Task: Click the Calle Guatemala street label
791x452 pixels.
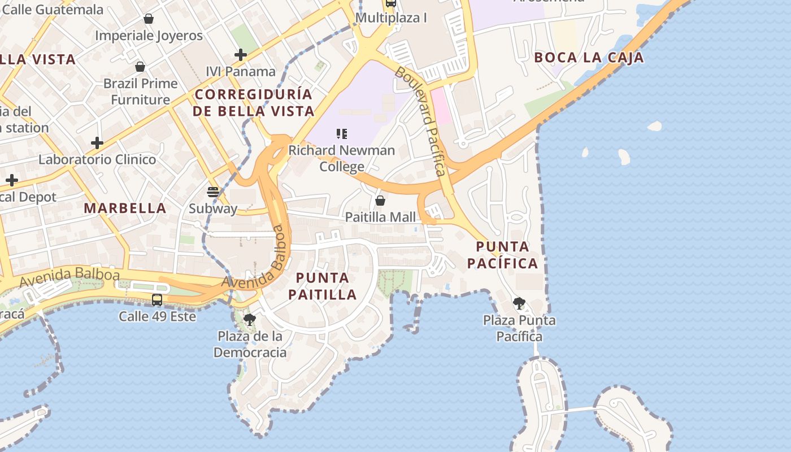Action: (53, 10)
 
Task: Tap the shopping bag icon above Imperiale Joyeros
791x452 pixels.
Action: (149, 19)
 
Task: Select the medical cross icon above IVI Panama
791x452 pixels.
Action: (241, 55)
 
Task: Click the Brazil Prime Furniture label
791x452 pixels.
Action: (140, 92)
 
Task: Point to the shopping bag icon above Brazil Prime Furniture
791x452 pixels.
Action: (140, 67)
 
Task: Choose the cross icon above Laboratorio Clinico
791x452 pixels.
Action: (97, 142)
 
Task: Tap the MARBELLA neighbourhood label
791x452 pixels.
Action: (125, 208)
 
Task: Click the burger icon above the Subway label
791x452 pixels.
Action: (213, 192)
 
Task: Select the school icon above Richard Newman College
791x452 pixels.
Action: (341, 134)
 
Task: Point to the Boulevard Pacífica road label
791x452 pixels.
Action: (420, 121)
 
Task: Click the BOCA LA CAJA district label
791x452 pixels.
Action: (589, 58)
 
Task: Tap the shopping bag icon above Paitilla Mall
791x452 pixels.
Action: (380, 201)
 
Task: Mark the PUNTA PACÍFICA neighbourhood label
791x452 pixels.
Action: (502, 255)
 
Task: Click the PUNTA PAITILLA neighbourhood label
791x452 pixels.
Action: (323, 286)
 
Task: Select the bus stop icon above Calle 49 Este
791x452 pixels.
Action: (157, 300)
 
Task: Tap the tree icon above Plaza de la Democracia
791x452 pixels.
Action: (249, 320)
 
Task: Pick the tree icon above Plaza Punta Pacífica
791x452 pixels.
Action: (519, 303)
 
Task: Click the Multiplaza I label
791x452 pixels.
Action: (391, 18)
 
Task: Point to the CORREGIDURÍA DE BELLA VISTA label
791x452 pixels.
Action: (253, 102)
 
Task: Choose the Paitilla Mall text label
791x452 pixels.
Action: (380, 217)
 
